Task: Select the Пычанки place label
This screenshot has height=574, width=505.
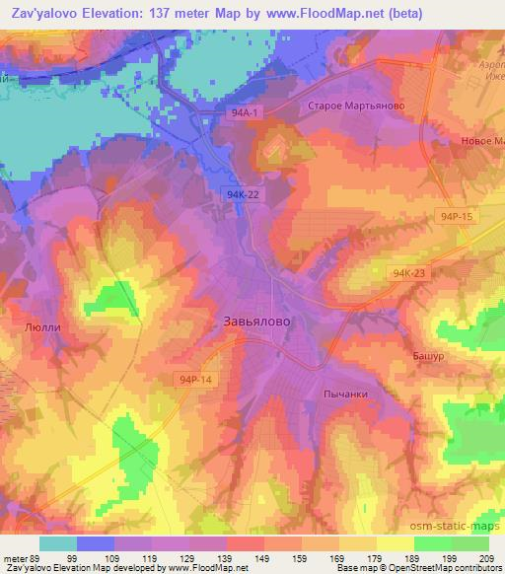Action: (345, 393)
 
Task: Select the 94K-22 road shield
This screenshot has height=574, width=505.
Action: (241, 194)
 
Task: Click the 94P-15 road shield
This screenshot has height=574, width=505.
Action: (460, 215)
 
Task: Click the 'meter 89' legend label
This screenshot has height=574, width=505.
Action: (20, 557)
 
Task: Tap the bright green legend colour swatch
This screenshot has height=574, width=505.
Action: (470, 543)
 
